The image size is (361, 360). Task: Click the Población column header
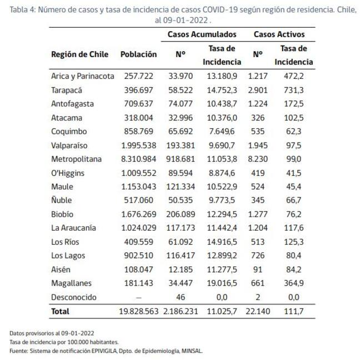click(138, 54)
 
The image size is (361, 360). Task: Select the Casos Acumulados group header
click(202, 34)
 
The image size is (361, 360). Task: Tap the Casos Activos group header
click(279, 34)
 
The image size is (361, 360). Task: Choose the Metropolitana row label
click(77, 159)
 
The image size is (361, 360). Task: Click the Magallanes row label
click(71, 283)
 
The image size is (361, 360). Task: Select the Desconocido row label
click(73, 297)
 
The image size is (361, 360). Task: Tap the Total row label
click(61, 312)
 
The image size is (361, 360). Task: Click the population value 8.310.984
click(138, 159)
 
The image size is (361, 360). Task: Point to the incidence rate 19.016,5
click(222, 283)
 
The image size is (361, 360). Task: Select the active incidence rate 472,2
click(293, 76)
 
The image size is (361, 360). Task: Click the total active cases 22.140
click(257, 312)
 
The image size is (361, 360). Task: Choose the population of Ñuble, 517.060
click(139, 200)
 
